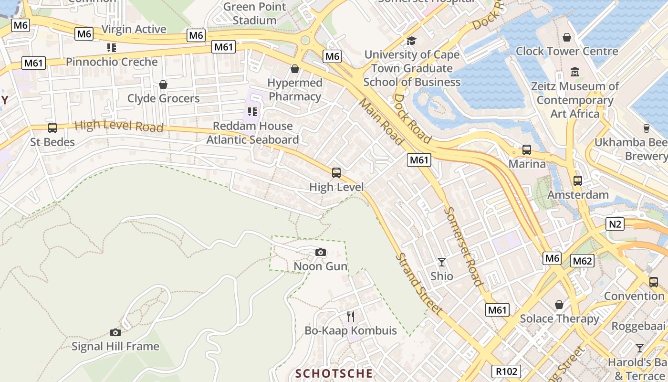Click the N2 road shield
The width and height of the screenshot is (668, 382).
point(616,223)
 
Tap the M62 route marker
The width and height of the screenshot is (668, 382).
point(582,261)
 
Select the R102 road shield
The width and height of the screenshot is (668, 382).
point(506,371)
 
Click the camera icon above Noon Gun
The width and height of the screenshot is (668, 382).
point(321,252)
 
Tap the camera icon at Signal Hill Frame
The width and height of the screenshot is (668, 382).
point(115,332)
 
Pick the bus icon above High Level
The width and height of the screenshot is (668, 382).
point(336,173)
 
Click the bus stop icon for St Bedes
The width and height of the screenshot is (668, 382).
point(52,128)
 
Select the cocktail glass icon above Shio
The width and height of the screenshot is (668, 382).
point(442,262)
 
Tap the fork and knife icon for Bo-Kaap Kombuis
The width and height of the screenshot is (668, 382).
point(351,316)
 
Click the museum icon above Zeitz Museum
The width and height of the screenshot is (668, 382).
point(575,72)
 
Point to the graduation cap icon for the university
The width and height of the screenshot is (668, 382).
point(411,41)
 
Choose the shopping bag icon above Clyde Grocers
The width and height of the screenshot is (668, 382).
point(163,85)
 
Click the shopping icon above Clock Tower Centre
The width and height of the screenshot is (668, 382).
point(567,37)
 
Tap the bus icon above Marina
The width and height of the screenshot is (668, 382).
point(527,150)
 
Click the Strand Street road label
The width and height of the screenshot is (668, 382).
point(418,284)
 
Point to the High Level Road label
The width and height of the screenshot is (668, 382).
point(119,126)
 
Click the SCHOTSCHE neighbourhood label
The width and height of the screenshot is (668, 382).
point(334,373)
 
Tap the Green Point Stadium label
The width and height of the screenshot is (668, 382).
point(255,13)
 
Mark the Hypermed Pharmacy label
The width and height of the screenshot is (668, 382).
point(294,89)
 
